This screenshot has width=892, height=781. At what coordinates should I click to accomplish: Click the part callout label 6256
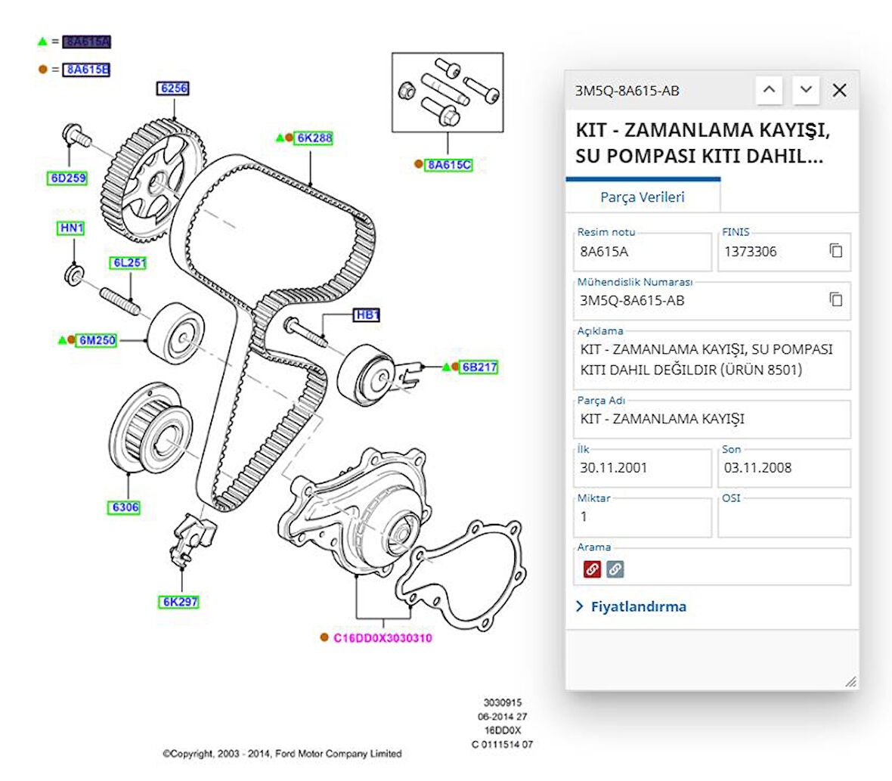[x=174, y=88]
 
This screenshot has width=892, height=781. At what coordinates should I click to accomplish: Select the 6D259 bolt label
[x=68, y=178]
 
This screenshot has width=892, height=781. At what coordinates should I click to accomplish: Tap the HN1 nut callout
[x=71, y=228]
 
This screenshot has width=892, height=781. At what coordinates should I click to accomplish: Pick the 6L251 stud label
[x=129, y=263]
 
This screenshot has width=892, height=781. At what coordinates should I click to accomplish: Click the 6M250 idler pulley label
[x=98, y=340]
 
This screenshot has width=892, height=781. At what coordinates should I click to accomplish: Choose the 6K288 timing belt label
[x=314, y=138]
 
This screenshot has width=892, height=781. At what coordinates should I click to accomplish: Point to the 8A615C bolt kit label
[x=448, y=165]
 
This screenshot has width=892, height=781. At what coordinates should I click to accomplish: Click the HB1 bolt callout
[x=367, y=315]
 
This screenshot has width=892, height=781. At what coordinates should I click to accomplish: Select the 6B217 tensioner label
[x=479, y=367]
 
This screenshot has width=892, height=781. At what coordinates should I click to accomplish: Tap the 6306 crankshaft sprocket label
[x=125, y=507]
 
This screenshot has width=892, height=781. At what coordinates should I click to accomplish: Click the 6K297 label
[x=180, y=602]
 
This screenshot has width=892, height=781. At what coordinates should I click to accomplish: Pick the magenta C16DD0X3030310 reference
[x=383, y=638]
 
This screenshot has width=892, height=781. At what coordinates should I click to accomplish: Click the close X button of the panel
[x=839, y=91]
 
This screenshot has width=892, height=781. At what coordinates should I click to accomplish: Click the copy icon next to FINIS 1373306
[x=835, y=251]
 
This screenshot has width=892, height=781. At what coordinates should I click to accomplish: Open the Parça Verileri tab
[x=642, y=197]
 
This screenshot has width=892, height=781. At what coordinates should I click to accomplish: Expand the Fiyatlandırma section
[x=638, y=606]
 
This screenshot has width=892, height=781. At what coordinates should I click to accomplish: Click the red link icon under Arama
[x=592, y=569]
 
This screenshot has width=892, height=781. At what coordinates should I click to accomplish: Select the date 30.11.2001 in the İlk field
[x=613, y=468]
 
